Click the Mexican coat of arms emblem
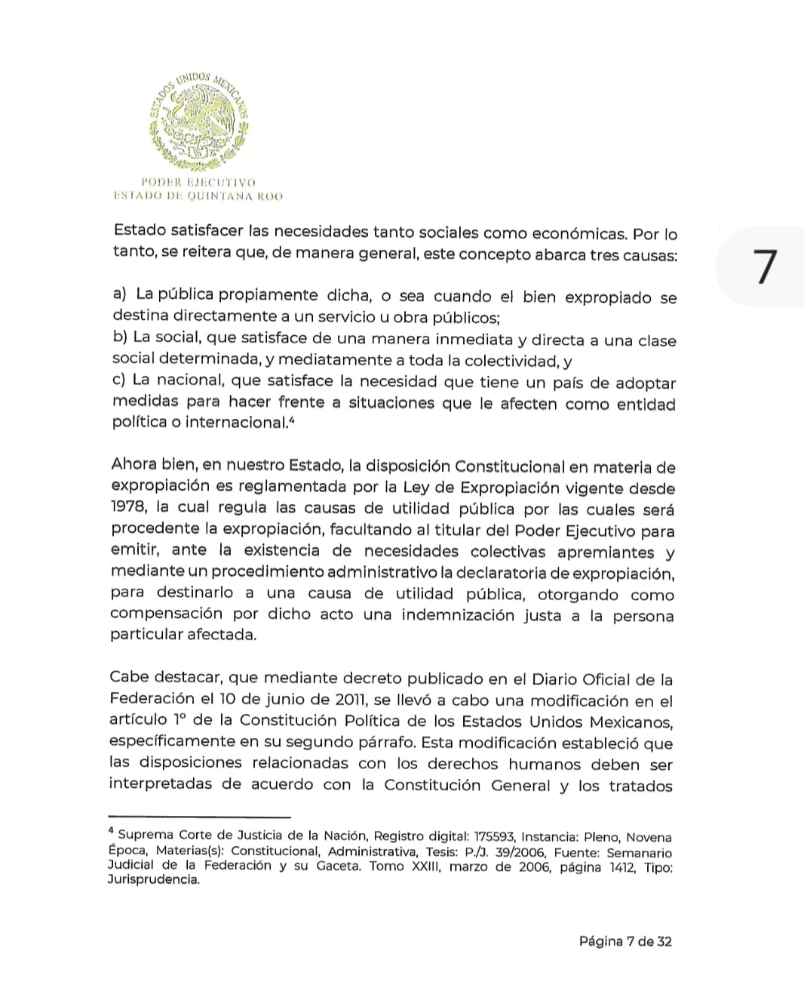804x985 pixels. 200,121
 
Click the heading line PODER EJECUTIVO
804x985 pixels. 198,182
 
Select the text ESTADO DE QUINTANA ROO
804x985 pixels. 198,196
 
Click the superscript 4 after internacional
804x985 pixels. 291,420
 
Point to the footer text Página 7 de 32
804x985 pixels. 625,940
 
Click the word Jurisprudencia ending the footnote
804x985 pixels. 153,880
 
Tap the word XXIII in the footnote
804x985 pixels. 428,866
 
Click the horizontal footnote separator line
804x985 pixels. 199,816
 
